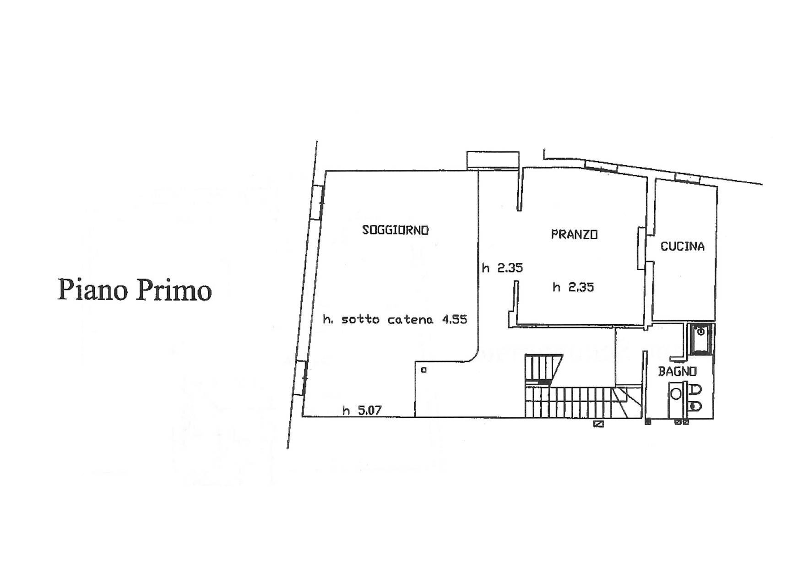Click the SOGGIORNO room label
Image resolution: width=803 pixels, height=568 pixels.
[x=395, y=230]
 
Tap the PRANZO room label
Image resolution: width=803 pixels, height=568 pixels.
[x=574, y=235]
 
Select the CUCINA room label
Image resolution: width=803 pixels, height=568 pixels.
[x=682, y=246]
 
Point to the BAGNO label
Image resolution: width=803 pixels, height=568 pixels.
[x=677, y=371]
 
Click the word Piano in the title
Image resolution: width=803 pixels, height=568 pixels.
[x=92, y=290]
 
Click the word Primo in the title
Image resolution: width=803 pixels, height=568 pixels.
[x=173, y=290]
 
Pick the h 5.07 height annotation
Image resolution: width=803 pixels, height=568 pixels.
[x=362, y=410]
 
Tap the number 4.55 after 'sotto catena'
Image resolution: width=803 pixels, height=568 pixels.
[x=454, y=319]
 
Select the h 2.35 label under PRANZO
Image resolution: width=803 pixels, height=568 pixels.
[x=573, y=287]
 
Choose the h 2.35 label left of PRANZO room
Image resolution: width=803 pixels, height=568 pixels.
[x=502, y=268]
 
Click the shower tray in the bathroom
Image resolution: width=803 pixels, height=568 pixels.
[x=700, y=339]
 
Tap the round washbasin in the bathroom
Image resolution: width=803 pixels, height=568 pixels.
[x=676, y=393]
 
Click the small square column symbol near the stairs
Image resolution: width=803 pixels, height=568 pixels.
[x=423, y=370]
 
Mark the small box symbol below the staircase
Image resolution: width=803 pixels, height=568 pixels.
[x=598, y=424]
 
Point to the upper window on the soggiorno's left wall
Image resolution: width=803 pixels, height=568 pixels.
[x=318, y=202]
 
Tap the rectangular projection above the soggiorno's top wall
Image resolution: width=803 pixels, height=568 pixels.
[x=493, y=160]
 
